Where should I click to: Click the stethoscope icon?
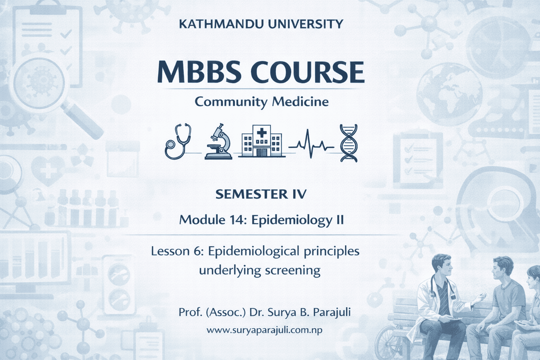(x=178, y=141)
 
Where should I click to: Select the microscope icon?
(x=219, y=142)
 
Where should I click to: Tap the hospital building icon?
(x=261, y=142)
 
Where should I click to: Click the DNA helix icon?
(x=349, y=142)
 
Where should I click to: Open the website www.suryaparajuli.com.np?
(x=264, y=330)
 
